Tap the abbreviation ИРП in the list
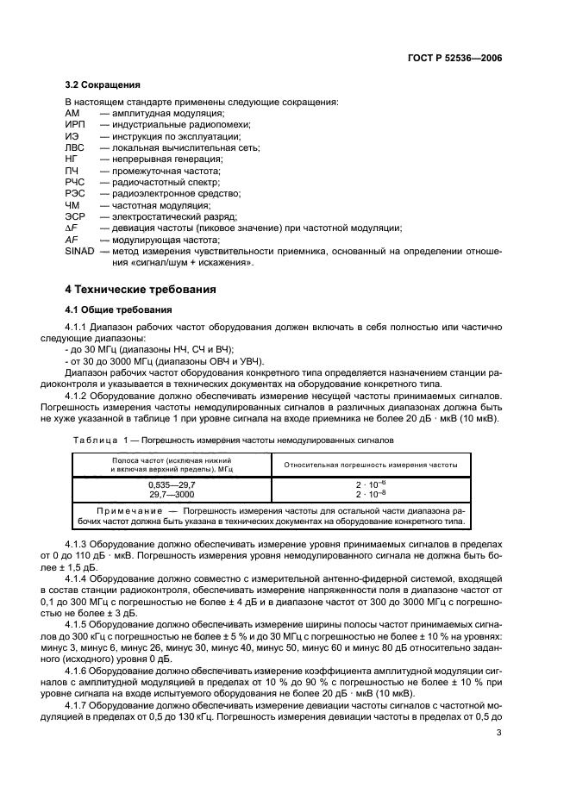(76, 125)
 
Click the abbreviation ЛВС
(75, 147)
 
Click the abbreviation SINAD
(80, 251)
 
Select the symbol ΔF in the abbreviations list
(72, 228)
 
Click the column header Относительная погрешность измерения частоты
(372, 465)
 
